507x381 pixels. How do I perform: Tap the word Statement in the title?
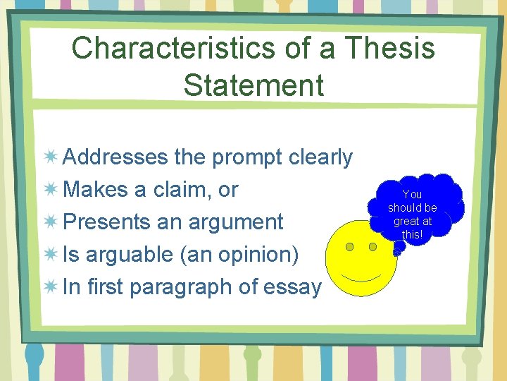tap(254, 85)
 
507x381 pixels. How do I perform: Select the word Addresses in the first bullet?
tap(115, 157)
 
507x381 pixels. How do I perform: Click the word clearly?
tap(321, 157)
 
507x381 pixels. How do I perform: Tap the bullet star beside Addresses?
tap(51, 157)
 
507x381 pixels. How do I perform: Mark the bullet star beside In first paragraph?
tap(51, 286)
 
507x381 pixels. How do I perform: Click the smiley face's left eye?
tap(350, 247)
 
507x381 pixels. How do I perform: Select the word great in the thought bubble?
tap(403, 221)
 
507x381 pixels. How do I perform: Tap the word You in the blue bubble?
tap(412, 194)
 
